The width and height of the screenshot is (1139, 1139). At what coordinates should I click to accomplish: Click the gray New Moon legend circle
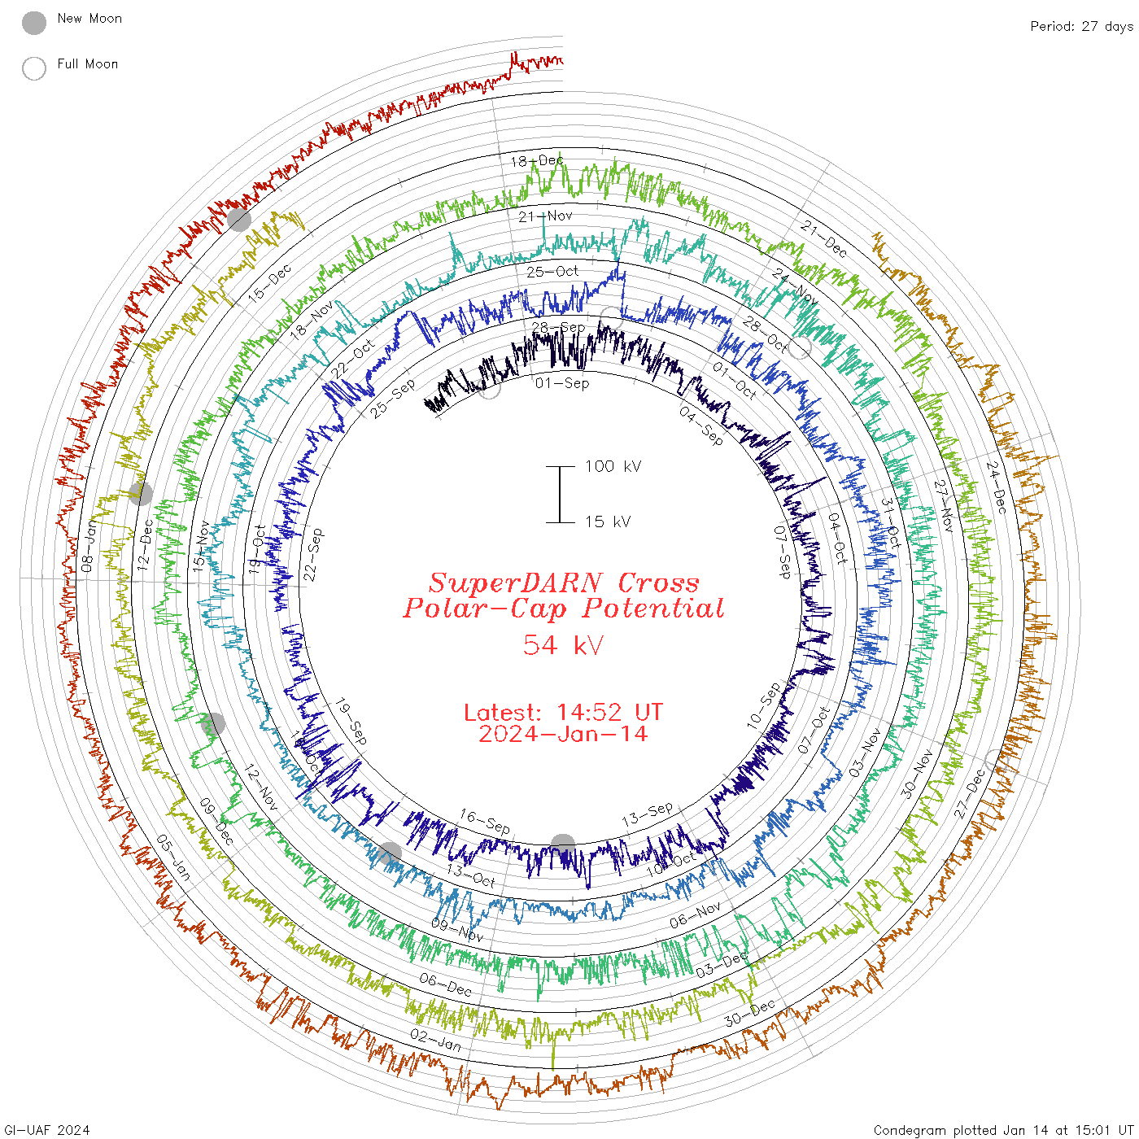coord(34,24)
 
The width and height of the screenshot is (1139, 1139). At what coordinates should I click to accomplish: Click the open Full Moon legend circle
coord(34,68)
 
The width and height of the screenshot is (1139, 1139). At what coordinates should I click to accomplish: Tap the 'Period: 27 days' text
coord(1081,27)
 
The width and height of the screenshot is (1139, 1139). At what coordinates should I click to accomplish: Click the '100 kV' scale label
coord(613,466)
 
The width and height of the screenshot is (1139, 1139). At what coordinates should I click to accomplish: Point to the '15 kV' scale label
coord(608,521)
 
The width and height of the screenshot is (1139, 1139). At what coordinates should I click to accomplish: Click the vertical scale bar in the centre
coord(560,494)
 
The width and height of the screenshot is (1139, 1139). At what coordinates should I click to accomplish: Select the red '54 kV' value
coord(563,645)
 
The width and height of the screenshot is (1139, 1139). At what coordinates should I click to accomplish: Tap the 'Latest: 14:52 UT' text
coord(563,713)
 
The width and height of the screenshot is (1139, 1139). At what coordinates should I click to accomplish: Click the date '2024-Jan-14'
coord(563,734)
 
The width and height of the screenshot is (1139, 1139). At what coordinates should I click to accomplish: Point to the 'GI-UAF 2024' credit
coord(46,1130)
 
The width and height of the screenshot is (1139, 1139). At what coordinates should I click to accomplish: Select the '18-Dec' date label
coord(537,160)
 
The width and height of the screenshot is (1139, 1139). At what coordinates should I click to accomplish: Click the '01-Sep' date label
coord(562,383)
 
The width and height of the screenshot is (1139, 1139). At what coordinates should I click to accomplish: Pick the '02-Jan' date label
coord(436,1040)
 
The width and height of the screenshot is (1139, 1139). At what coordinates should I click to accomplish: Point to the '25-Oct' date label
coord(552,271)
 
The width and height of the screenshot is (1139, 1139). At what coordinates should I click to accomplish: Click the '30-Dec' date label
coord(750,1013)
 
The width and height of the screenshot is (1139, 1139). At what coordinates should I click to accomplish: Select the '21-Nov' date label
coord(545,216)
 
